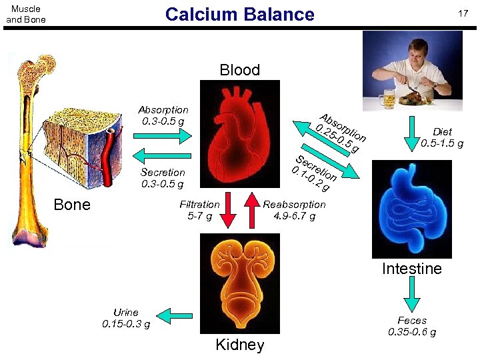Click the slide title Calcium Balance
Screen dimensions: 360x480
239,14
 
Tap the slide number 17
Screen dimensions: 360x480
461,14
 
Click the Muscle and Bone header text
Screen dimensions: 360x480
26,14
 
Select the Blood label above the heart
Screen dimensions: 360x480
239,70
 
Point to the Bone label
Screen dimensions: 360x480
72,205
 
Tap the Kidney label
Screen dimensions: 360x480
239,345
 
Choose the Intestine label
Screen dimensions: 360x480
411,269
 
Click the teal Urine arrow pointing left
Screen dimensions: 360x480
175,315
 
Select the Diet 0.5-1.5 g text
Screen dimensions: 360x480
442,137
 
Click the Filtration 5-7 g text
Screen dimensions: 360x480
199,210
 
